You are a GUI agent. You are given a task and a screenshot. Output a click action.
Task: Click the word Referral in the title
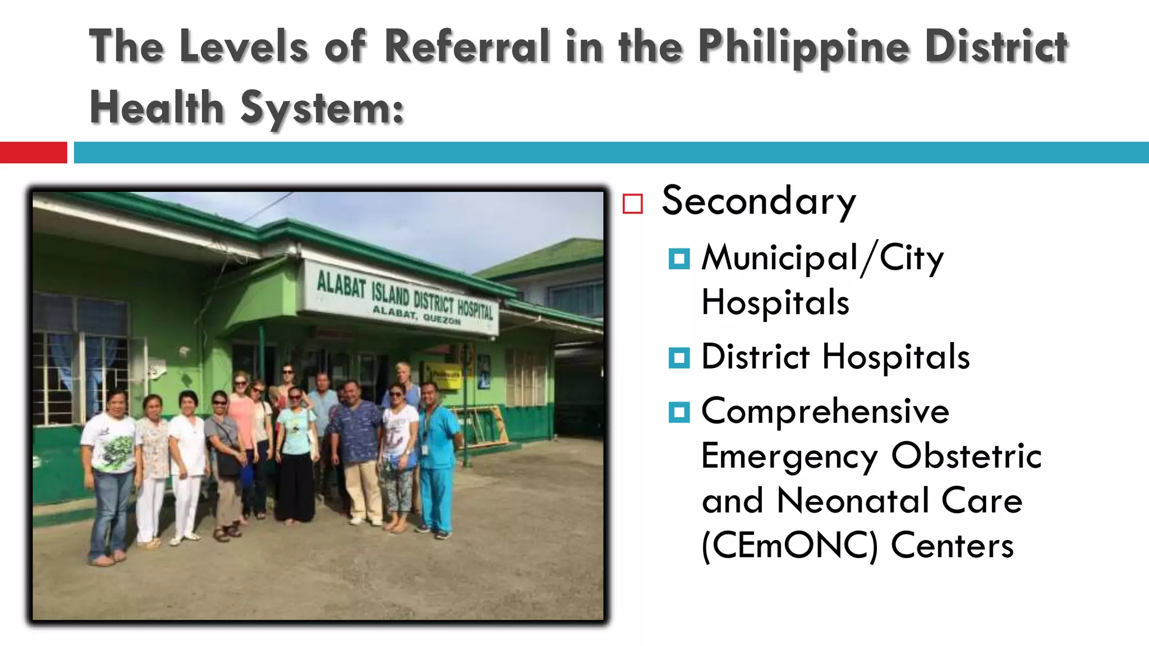point(467,47)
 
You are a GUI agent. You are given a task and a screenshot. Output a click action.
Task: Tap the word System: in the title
point(322,108)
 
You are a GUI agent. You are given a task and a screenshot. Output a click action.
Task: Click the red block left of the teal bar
point(33,153)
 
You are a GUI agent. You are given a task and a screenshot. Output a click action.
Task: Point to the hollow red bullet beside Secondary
point(632,204)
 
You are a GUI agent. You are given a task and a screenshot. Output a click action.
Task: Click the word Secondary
point(759,201)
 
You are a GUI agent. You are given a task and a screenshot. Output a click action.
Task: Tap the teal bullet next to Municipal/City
point(679,259)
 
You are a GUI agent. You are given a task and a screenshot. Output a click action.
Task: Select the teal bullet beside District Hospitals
point(679,357)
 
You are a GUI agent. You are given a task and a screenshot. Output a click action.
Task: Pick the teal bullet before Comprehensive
point(679,412)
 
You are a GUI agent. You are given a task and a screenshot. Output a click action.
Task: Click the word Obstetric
point(966,455)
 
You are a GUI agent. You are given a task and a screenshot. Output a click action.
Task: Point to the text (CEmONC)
point(789,546)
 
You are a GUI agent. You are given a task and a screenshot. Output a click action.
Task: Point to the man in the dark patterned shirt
point(357,449)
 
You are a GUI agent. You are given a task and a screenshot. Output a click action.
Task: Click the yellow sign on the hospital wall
point(443,375)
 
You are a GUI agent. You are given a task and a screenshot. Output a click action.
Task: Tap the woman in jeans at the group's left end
point(111,471)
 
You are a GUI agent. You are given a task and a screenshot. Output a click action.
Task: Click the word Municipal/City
point(822,259)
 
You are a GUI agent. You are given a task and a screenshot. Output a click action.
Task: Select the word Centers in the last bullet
point(952,546)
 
